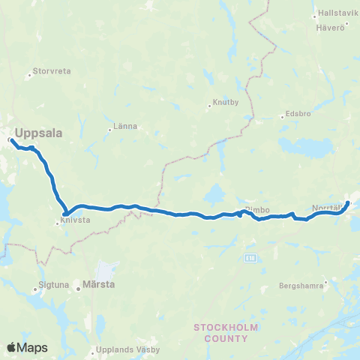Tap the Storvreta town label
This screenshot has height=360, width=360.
[52, 73]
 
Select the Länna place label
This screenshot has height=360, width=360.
[125, 126]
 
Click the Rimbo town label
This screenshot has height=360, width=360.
[257, 210]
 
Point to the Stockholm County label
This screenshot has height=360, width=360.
[220, 332]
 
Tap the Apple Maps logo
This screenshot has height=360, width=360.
[27, 347]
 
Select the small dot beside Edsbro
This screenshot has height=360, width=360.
[280, 115]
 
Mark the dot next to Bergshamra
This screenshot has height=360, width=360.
[326, 283]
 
